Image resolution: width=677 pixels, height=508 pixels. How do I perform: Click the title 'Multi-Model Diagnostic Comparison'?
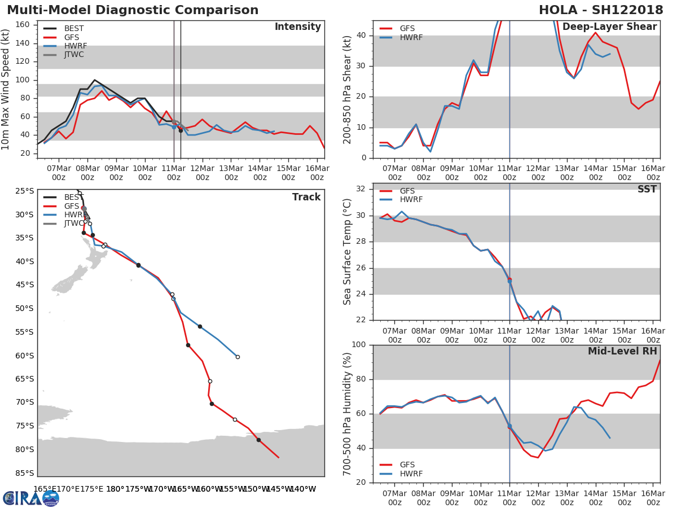133,10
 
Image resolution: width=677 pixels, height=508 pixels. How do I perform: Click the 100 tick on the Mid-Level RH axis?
358,345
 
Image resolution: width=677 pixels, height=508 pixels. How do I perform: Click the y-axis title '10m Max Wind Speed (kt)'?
6,89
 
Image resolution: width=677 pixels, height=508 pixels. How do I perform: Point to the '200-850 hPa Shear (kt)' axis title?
348,89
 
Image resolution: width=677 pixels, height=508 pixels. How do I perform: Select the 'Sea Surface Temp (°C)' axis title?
348,251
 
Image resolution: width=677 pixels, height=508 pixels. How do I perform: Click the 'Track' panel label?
306,197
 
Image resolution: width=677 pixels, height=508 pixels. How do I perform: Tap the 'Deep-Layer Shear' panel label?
609,27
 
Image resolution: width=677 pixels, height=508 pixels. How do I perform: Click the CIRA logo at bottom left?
31,498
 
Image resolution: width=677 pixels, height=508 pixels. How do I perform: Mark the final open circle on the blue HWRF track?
238,357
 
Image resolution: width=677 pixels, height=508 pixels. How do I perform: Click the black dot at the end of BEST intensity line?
181,130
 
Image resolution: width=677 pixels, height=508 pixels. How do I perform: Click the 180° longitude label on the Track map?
115,489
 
